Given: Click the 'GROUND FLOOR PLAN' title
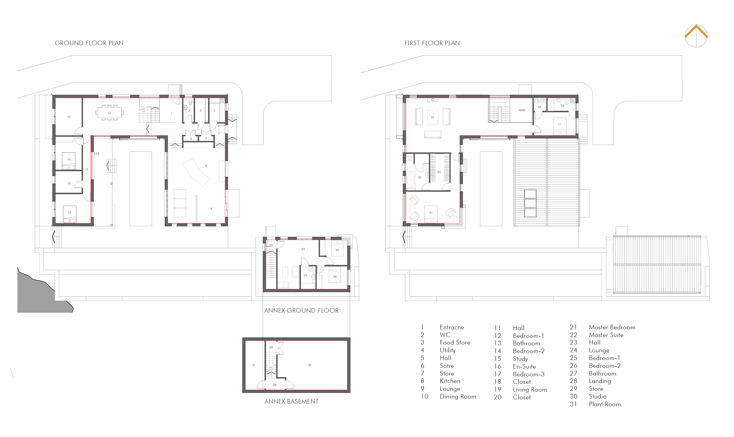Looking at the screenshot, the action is coord(89,43).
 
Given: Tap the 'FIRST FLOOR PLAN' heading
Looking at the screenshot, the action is coord(432,43).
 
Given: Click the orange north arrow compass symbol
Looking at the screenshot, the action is coord(696,36).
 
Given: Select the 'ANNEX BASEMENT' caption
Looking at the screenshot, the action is coord(291,401).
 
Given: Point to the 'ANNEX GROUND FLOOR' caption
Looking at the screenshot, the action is coord(301,310).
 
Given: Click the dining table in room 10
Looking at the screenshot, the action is coord(109,113).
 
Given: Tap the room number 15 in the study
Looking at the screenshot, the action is coord(69,117).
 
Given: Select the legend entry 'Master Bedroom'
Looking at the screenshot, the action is coord(612,327).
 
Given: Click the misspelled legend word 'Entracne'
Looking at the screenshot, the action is coord(452,327).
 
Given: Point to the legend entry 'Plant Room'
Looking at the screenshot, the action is coord(605,404).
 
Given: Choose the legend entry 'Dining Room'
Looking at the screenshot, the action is coord(458,397).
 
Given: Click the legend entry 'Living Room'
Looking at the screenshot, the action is coord(530,390).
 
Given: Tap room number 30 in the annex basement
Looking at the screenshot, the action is coord(310,365).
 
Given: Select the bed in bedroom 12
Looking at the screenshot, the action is coord(70,214).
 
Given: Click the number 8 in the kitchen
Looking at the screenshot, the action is coord(206,166).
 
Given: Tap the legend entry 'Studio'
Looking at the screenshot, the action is coord(598,397).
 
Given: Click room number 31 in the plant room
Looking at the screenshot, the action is coord(254,365).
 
